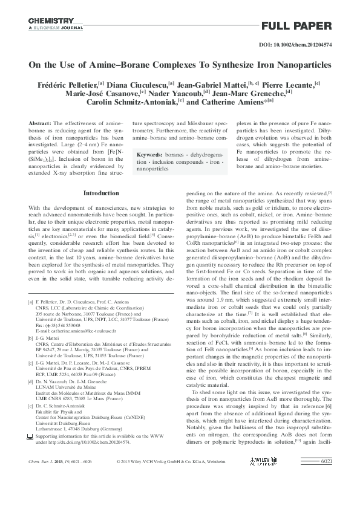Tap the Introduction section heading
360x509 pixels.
point(101,193)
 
